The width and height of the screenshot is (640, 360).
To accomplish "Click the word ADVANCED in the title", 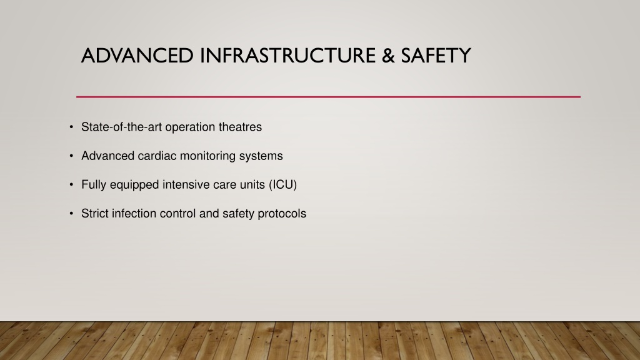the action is click(137, 56).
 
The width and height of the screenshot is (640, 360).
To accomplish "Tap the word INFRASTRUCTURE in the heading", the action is click(287, 56).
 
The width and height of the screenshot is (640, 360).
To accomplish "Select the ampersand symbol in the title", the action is click(388, 56).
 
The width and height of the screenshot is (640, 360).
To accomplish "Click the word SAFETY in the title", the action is click(436, 56).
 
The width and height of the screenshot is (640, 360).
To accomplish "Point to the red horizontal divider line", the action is click(328, 97).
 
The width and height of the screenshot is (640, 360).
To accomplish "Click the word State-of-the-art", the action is click(122, 127).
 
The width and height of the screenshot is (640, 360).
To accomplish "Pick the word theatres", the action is click(240, 127).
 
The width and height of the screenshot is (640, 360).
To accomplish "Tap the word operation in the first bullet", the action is click(190, 127).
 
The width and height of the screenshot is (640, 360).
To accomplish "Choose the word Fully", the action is click(94, 185).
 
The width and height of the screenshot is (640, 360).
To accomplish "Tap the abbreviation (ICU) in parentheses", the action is click(282, 185).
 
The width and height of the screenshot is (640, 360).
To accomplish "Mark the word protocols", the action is click(282, 214).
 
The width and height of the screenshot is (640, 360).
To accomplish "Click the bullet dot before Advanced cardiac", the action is click(71, 156).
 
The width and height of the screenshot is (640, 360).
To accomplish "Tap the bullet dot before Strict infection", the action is click(71, 214).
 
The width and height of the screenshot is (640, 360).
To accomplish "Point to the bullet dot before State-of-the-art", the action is click(71, 127).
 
